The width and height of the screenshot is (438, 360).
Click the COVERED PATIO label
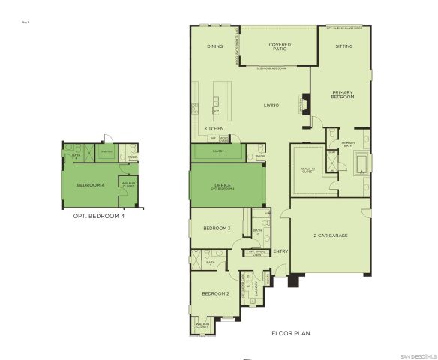[x=280, y=48]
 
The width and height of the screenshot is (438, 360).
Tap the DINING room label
[x=215, y=46]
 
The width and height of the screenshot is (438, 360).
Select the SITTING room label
[x=343, y=46]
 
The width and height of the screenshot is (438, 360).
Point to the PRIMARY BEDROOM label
[x=343, y=95]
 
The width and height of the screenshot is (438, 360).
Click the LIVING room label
[x=271, y=104]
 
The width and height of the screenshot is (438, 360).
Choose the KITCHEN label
[x=214, y=129]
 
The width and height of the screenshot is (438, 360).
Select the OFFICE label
[x=222, y=184]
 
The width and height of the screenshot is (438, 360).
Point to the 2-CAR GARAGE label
[x=329, y=235]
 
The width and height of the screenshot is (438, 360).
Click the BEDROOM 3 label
[x=217, y=228]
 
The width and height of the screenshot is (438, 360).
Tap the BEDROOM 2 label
[x=217, y=293]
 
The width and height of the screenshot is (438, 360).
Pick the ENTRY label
[x=281, y=251]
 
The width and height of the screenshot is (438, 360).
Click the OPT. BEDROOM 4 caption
[x=98, y=216]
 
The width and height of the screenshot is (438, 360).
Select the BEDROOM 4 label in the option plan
[x=91, y=184]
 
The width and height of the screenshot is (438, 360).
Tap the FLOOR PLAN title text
[x=290, y=332]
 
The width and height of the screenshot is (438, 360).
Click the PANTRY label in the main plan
[x=218, y=151]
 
